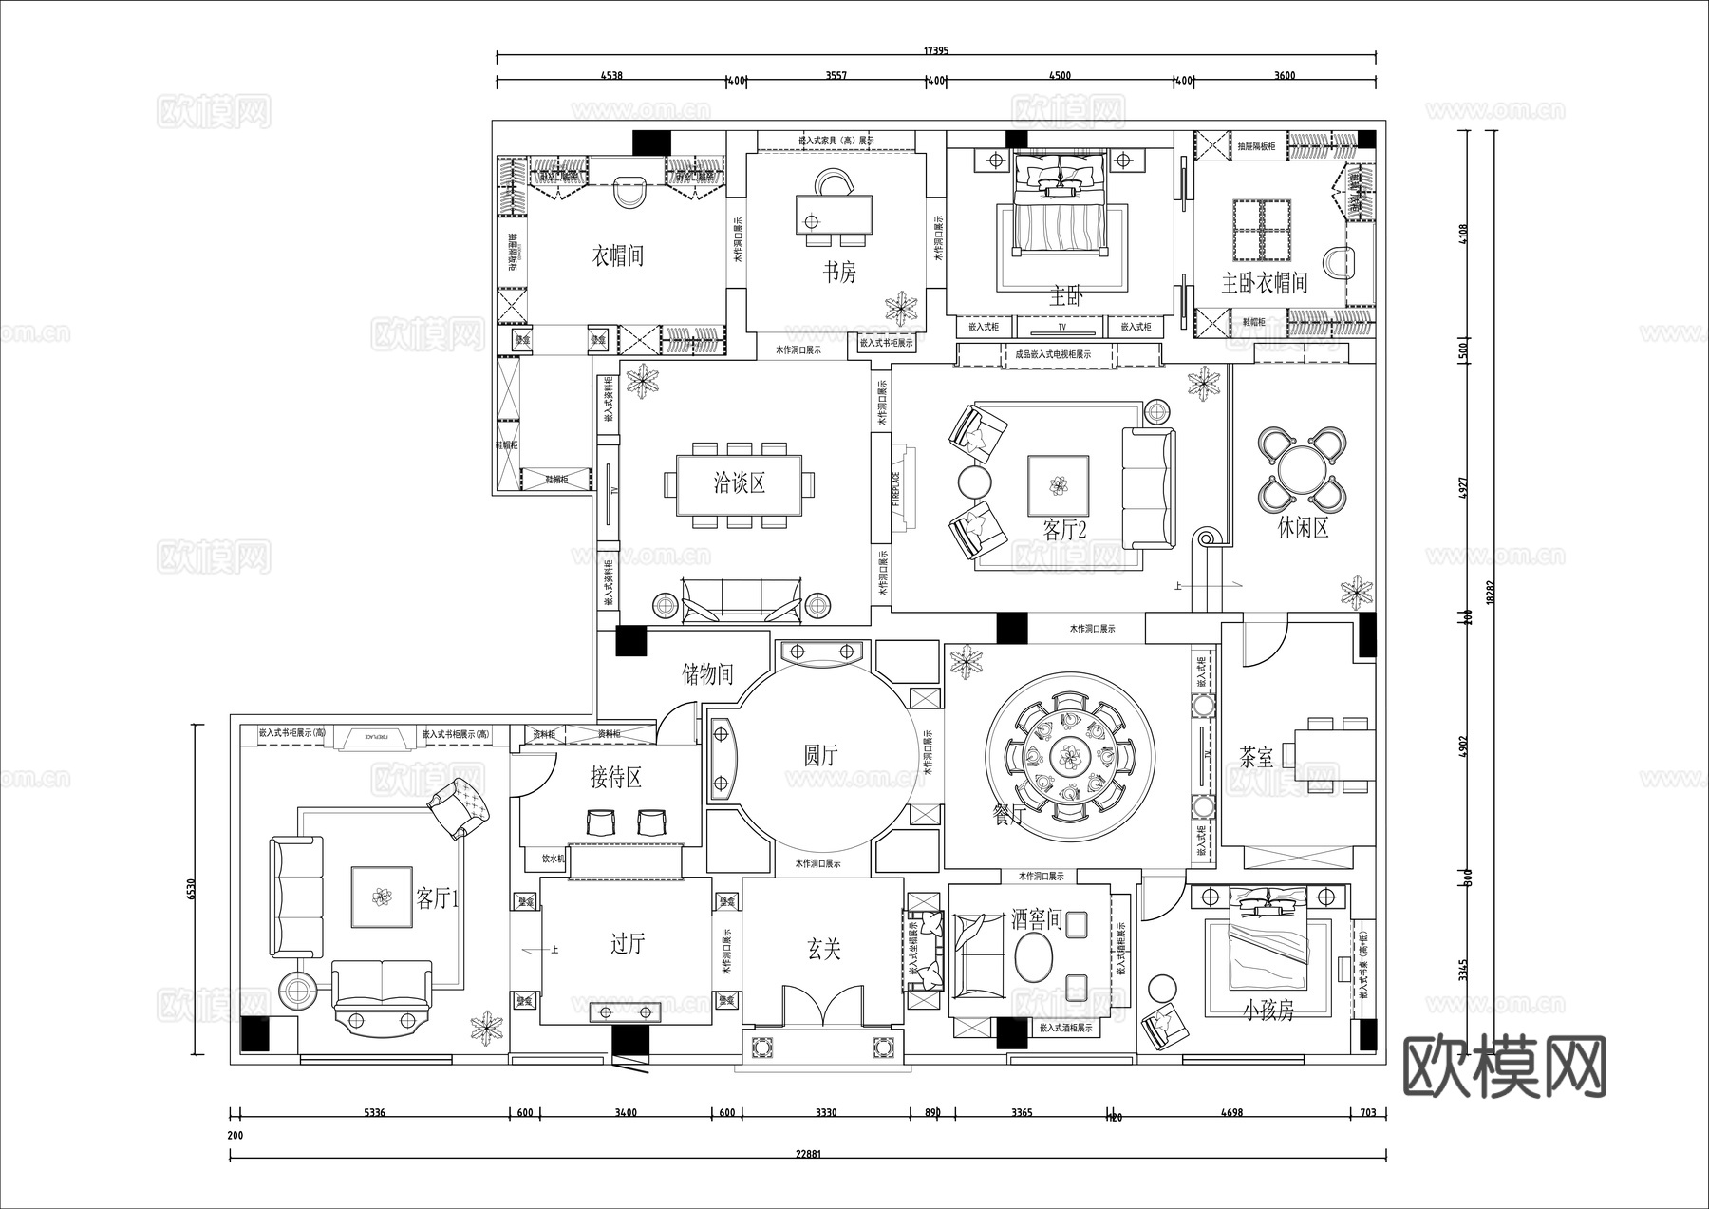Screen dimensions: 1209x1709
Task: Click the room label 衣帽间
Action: click(618, 256)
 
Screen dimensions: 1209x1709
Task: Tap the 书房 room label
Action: click(839, 274)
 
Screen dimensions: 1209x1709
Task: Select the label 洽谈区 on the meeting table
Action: click(740, 483)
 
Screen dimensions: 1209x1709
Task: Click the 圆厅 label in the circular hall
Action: click(820, 756)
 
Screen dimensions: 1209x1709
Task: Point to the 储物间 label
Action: click(708, 674)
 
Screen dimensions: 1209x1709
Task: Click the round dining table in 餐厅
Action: click(1070, 757)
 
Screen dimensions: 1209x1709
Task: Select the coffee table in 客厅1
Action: click(382, 897)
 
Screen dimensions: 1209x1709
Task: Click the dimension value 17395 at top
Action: click(935, 51)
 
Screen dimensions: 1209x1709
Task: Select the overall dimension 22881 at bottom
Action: click(807, 1154)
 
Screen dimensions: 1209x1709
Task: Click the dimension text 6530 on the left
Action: click(191, 889)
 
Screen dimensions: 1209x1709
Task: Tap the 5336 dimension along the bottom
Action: click(375, 1113)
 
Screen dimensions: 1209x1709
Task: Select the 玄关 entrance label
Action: click(823, 948)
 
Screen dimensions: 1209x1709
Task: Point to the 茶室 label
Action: click(1257, 757)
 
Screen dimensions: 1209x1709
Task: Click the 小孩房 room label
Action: click(1268, 1011)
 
